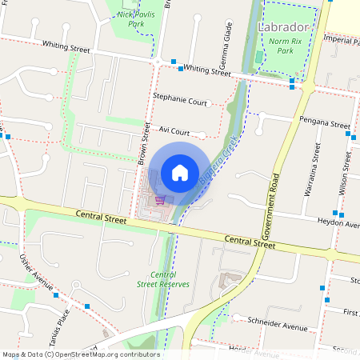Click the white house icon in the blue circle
[x=179, y=172]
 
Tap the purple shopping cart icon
[x=160, y=200]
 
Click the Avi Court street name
[x=174, y=130]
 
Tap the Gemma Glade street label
[x=228, y=48]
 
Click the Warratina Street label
[x=318, y=171]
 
